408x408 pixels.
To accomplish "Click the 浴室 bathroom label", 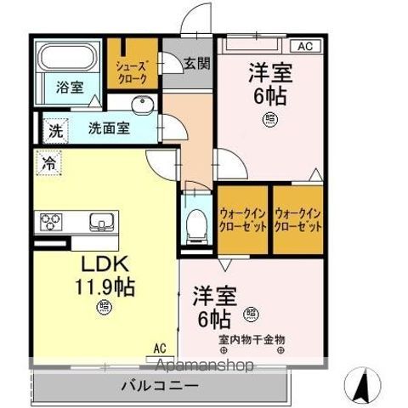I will [70, 88].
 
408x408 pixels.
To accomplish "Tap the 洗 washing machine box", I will [54, 132].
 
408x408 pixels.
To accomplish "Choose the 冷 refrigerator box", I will [50, 162].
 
